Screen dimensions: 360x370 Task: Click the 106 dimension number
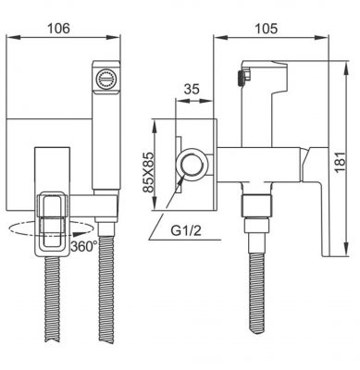tap(58, 28)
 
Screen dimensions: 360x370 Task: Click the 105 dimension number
tap(266, 29)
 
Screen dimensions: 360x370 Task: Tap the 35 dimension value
tap(192, 89)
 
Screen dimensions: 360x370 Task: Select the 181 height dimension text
tap(340, 162)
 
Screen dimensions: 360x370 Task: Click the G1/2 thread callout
tap(186, 230)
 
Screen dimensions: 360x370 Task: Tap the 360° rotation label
tap(84, 246)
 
